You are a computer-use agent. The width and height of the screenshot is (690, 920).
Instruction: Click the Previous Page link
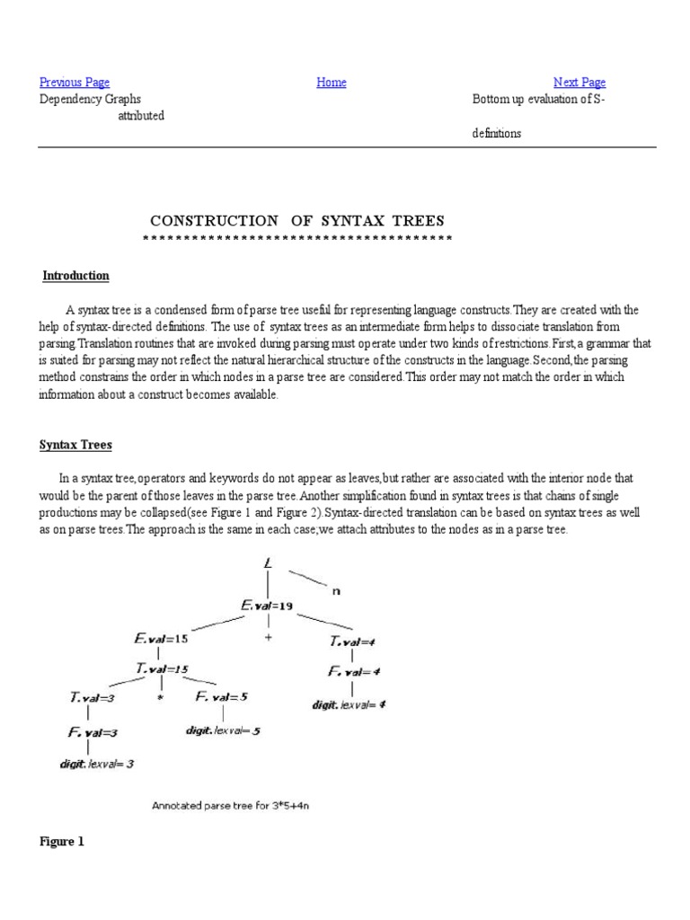[x=75, y=83]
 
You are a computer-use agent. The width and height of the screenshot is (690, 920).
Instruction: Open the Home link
[x=332, y=83]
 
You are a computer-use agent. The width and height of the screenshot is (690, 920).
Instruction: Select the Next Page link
[x=579, y=83]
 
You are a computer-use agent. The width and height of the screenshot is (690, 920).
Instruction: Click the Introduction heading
[x=76, y=276]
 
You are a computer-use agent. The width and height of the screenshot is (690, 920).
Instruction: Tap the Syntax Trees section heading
[x=75, y=445]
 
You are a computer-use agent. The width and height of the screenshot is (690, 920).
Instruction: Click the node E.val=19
[x=266, y=606]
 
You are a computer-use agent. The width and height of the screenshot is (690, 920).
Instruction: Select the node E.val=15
[x=163, y=640]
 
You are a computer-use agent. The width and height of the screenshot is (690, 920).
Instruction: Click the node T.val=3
[x=93, y=696]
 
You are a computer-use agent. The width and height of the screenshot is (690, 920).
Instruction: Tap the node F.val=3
[x=93, y=732]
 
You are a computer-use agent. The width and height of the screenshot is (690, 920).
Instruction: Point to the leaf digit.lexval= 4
[x=349, y=704]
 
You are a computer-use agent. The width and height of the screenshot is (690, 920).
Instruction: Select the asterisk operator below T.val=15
[x=160, y=697]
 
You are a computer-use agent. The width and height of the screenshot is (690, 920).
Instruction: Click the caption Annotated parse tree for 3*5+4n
[x=230, y=806]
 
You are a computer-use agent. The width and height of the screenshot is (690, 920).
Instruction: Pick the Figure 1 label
[x=62, y=842]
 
